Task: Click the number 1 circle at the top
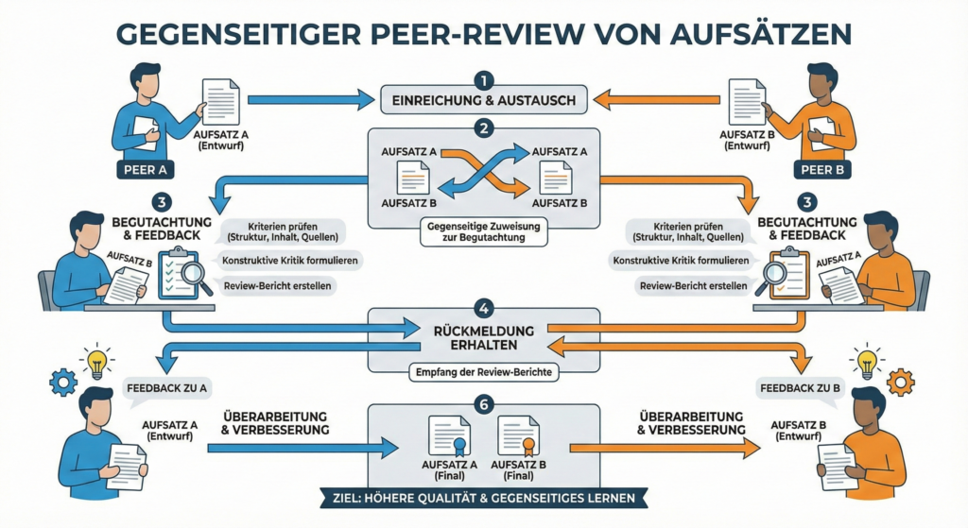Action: coord(483,79)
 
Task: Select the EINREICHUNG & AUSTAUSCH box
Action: coord(483,99)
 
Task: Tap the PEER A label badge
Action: coord(145,170)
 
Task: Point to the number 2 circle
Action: coord(483,128)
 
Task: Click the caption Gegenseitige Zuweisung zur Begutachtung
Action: coord(483,230)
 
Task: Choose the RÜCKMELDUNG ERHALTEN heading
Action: coord(483,337)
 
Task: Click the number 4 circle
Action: coord(483,307)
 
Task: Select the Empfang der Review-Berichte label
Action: coord(483,372)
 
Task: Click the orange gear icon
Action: coord(901,383)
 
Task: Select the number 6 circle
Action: coord(483,405)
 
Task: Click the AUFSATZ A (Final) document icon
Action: coord(449,437)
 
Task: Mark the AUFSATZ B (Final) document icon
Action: coord(518,437)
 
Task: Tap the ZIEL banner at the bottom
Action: coord(483,497)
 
